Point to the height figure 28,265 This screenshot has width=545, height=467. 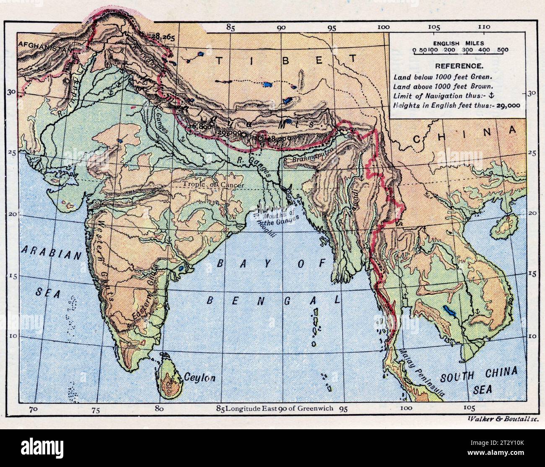point(164,36)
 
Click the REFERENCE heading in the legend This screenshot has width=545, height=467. point(458,66)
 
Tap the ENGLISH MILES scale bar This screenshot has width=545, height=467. point(460,50)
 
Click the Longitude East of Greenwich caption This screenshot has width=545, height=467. point(275,408)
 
